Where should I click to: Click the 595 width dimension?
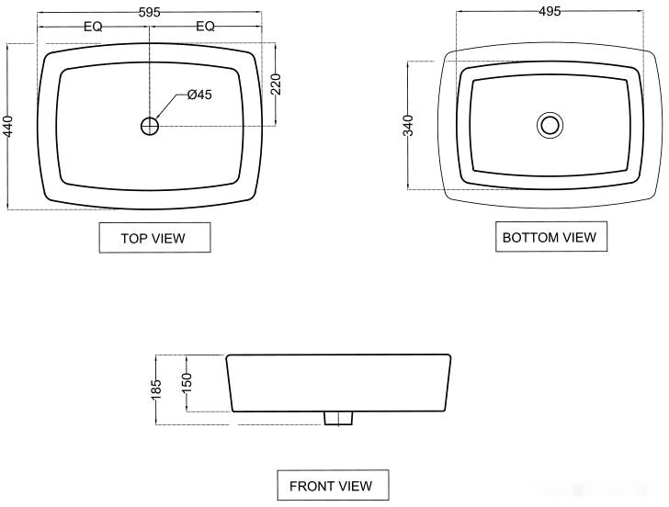point(150,12)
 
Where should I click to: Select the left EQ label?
point(93,27)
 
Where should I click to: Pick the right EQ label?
point(205,27)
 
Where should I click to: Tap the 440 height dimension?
point(8,126)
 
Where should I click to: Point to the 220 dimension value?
point(276,84)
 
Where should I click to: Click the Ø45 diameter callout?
point(199,95)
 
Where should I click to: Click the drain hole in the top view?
point(150,126)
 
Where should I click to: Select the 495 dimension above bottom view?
point(550,12)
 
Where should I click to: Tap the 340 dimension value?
point(408,125)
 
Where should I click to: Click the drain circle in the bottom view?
point(550,125)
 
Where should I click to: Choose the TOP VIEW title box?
point(155,238)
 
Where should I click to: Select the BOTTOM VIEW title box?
point(551,237)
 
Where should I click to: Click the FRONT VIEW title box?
point(333,485)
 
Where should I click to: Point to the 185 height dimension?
point(156,389)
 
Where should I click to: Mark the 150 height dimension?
point(187,383)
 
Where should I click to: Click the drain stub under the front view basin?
point(338,418)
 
